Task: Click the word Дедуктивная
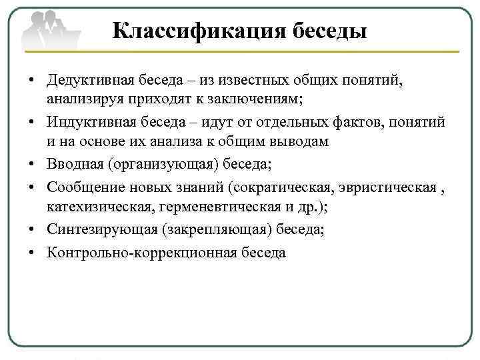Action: (91, 81)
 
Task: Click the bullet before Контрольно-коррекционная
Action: (31, 253)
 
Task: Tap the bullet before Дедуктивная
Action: (31, 81)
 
